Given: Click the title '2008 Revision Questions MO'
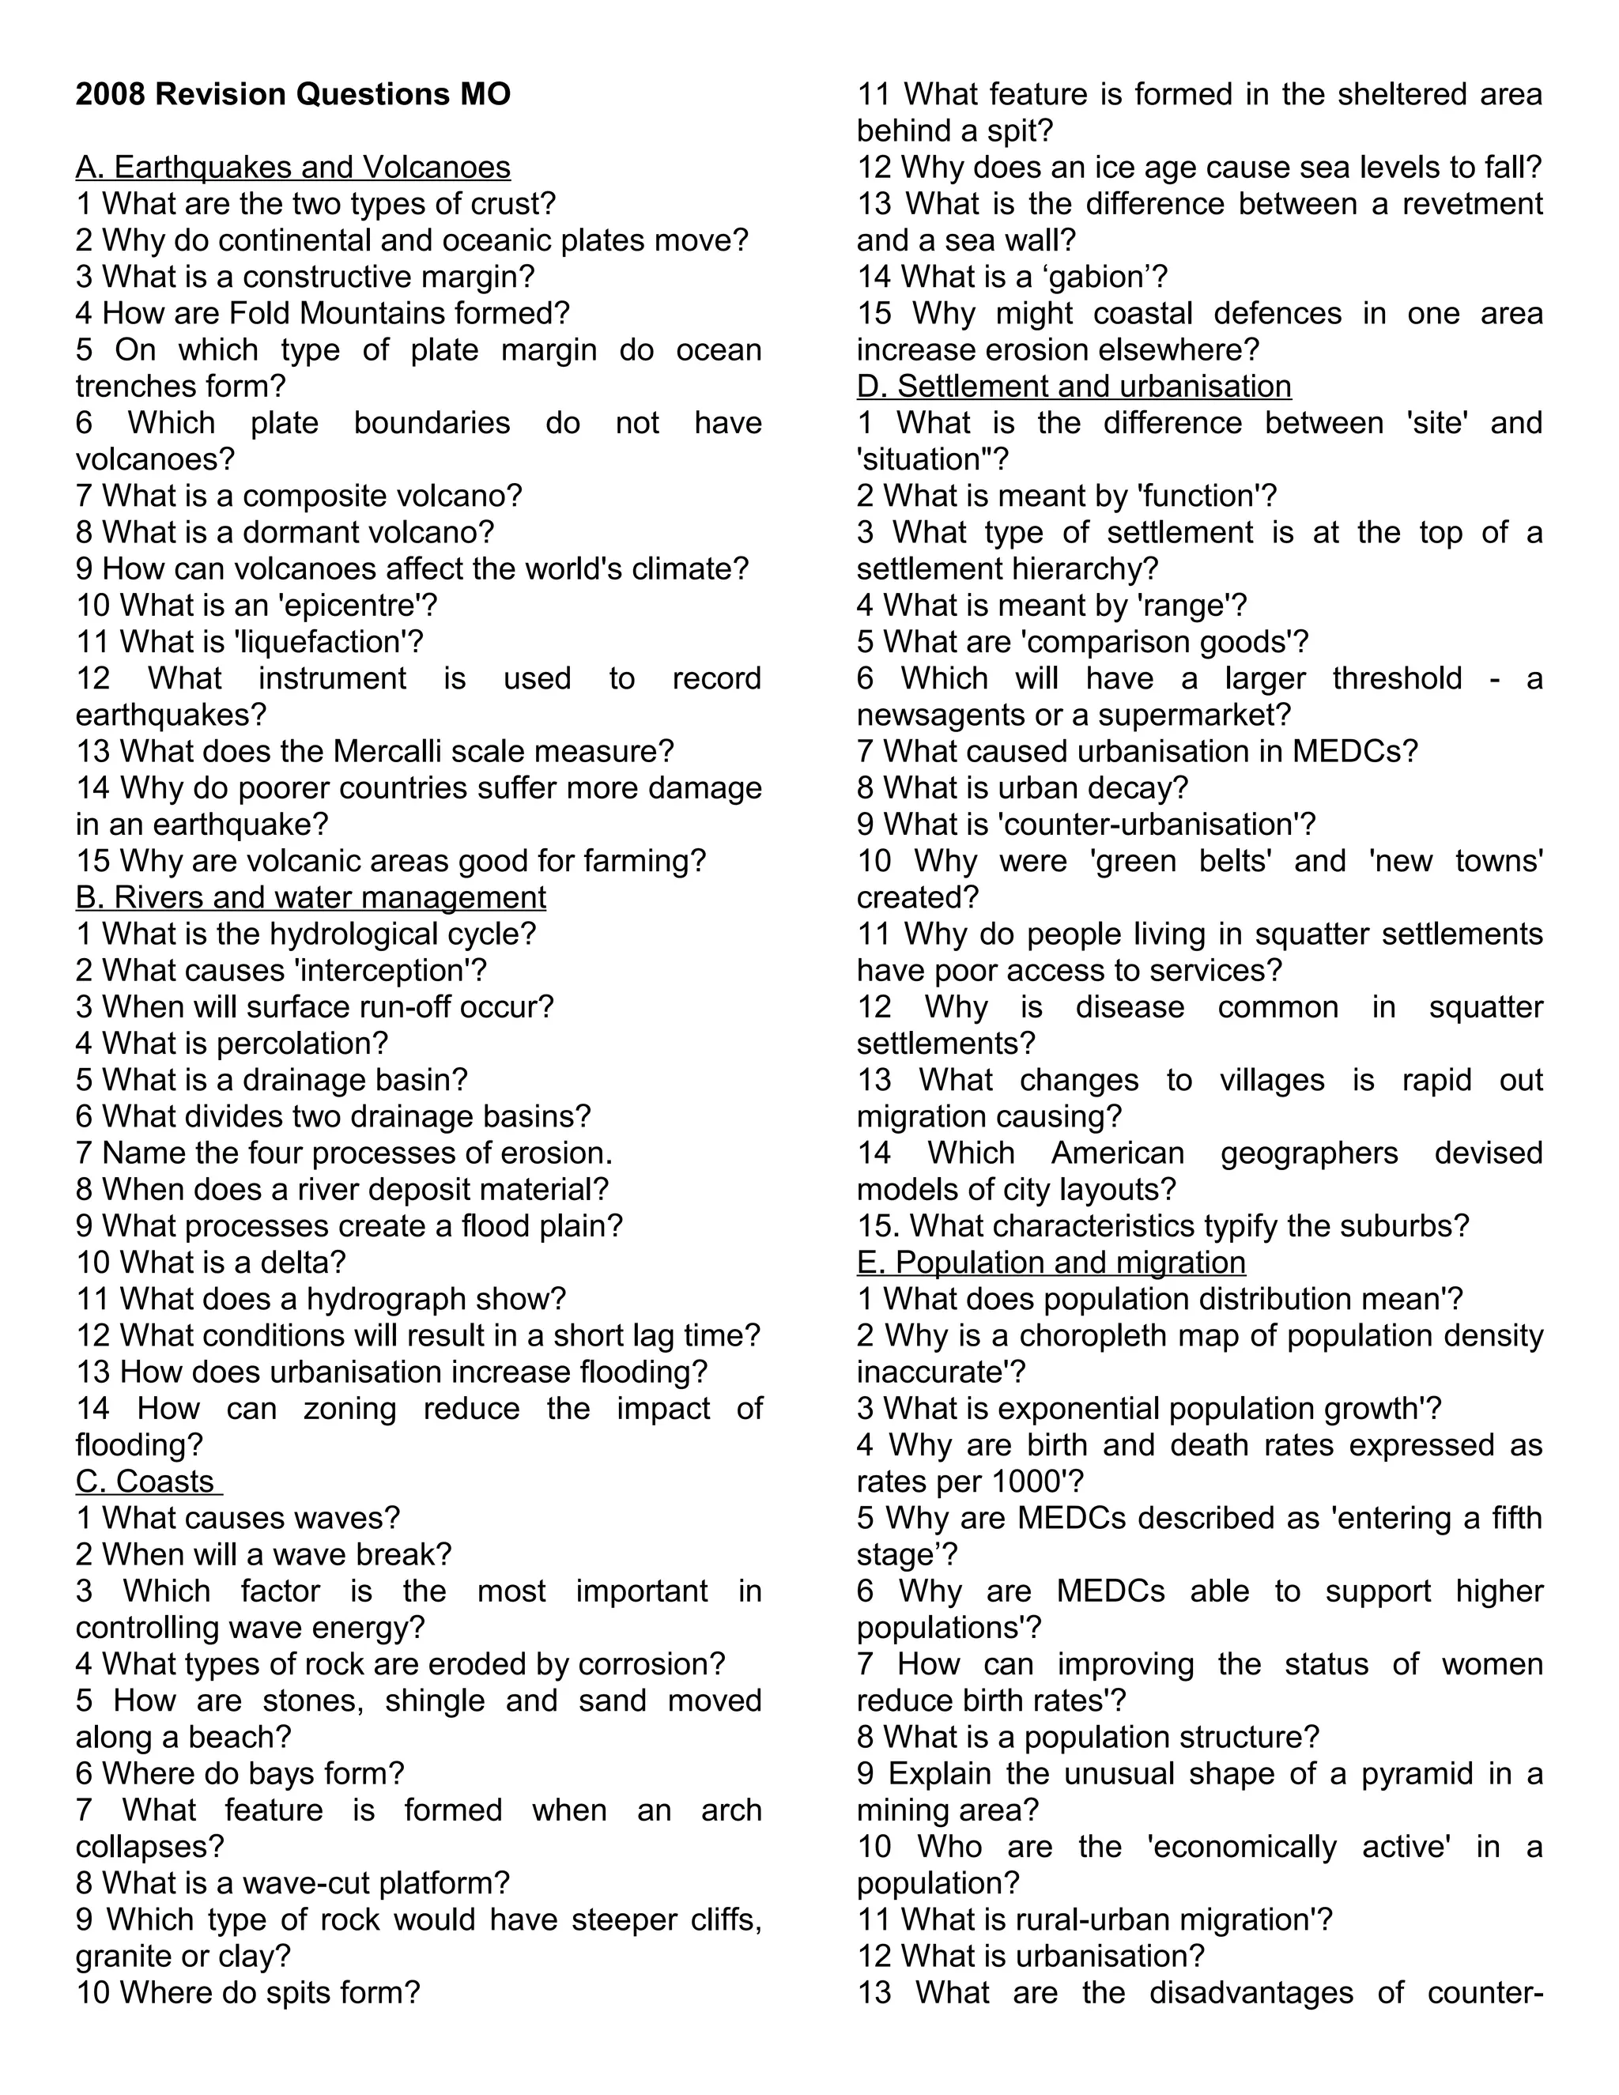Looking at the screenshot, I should pyautogui.click(x=292, y=94).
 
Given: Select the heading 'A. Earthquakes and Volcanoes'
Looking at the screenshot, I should pyautogui.click(x=292, y=167).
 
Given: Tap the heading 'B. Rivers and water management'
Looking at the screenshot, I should pyautogui.click(x=311, y=897).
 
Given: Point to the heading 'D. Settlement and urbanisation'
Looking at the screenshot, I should pyautogui.click(x=1074, y=386).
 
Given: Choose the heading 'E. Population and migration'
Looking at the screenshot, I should pyautogui.click(x=1051, y=1263).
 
